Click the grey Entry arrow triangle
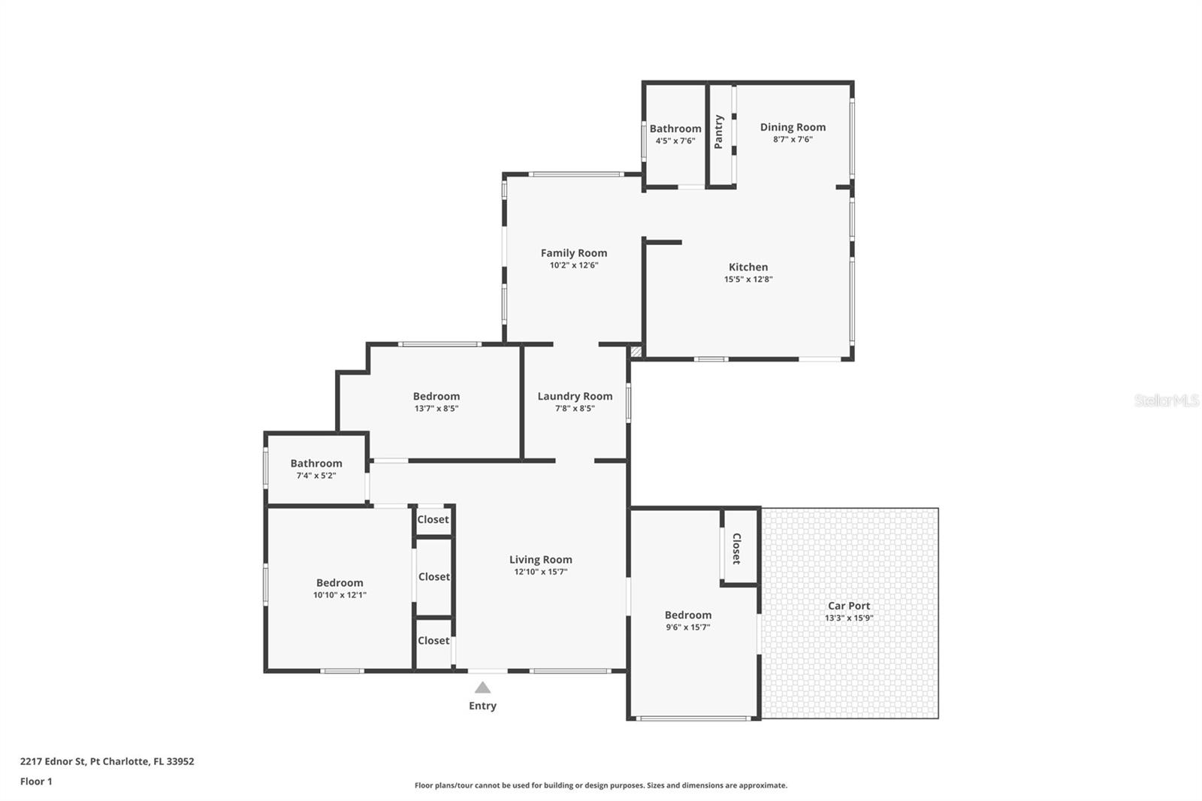(482, 688)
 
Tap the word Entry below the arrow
(482, 706)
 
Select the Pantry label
(719, 131)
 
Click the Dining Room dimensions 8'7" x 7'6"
(793, 139)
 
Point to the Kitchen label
(748, 267)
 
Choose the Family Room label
(574, 253)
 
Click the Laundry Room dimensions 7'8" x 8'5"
(575, 409)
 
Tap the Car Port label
(849, 606)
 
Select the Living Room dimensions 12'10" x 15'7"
(540, 572)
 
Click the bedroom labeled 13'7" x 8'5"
(436, 401)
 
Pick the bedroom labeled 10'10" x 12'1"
(340, 588)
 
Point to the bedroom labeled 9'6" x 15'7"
(687, 620)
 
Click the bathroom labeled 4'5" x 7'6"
(675, 134)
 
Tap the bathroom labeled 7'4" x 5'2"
(316, 468)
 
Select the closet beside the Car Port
(737, 549)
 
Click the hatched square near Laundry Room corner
(636, 351)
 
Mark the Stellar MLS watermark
(1166, 401)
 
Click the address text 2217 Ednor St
(107, 761)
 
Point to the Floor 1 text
(36, 781)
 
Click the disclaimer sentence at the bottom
(601, 785)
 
